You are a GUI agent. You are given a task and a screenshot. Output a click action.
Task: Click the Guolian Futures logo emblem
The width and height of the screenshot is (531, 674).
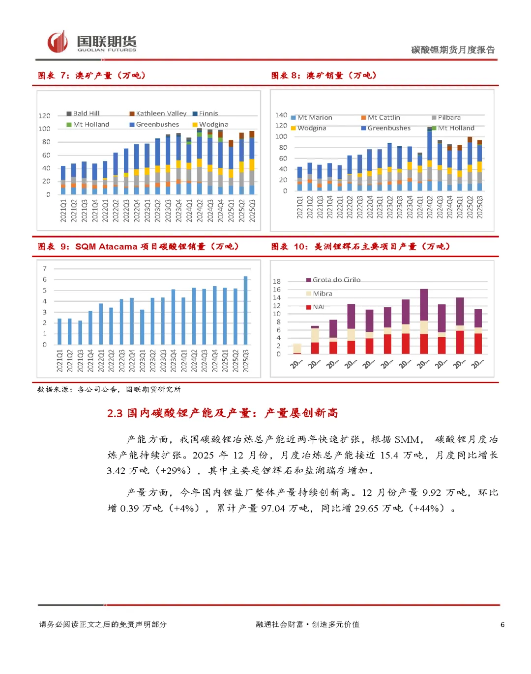tap(58, 42)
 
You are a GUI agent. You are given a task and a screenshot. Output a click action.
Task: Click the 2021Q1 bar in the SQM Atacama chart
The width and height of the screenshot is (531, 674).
tap(59, 331)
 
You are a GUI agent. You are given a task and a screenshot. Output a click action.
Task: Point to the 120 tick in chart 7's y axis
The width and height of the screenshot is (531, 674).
tap(44, 116)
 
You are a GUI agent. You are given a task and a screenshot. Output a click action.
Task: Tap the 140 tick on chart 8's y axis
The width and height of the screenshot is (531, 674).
tap(281, 115)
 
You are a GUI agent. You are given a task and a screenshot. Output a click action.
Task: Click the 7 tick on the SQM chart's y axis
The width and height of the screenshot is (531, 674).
tap(45, 269)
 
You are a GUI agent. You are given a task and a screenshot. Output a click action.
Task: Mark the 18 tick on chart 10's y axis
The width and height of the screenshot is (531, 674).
tap(277, 281)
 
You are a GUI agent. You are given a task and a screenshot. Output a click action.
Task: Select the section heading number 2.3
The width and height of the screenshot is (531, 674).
tap(115, 413)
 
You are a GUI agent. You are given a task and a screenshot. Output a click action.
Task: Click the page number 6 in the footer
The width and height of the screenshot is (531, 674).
tap(502, 624)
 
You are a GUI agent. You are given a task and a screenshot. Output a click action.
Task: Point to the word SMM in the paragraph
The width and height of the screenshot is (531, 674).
tap(407, 440)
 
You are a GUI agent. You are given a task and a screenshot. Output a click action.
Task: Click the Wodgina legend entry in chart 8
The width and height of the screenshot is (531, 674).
tap(311, 128)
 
